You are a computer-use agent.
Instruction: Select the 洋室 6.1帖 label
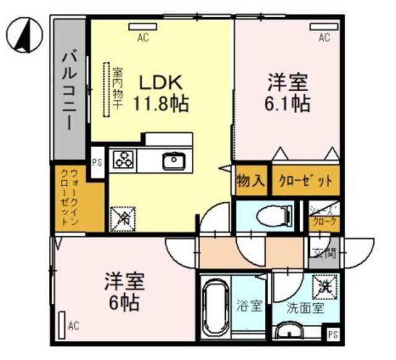pos(288,93)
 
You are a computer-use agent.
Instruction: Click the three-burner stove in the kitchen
pos(123,160)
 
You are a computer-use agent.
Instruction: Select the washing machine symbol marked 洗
pos(325,286)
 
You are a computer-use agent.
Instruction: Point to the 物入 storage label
pos(251,181)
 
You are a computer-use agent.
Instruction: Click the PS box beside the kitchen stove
pos(97,164)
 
